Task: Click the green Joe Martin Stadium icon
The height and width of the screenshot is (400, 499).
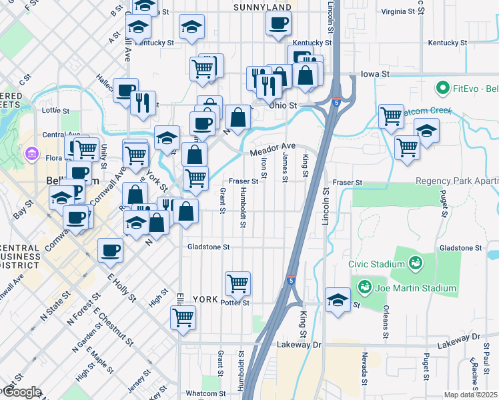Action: pyautogui.click(x=365, y=287)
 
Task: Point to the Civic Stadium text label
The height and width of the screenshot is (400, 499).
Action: pyautogui.click(x=376, y=264)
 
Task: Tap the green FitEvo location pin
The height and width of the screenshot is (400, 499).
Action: pyautogui.click(x=442, y=87)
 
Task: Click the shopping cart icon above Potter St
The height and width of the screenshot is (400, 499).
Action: pyautogui.click(x=238, y=284)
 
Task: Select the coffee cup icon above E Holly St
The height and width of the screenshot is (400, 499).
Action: pyautogui.click(x=110, y=251)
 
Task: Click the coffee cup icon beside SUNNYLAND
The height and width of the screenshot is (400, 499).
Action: pyautogui.click(x=278, y=23)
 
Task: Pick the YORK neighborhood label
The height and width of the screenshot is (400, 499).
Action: pyautogui.click(x=205, y=299)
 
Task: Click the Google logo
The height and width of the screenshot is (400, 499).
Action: pyautogui.click(x=21, y=392)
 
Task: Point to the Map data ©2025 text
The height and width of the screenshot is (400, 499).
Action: pyautogui.click(x=470, y=395)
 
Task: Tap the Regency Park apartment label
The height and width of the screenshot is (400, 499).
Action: pyautogui.click(x=456, y=181)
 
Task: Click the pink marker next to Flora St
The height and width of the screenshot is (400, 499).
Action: pyautogui.click(x=30, y=155)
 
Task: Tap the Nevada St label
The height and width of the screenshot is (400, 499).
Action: pyautogui.click(x=365, y=368)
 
